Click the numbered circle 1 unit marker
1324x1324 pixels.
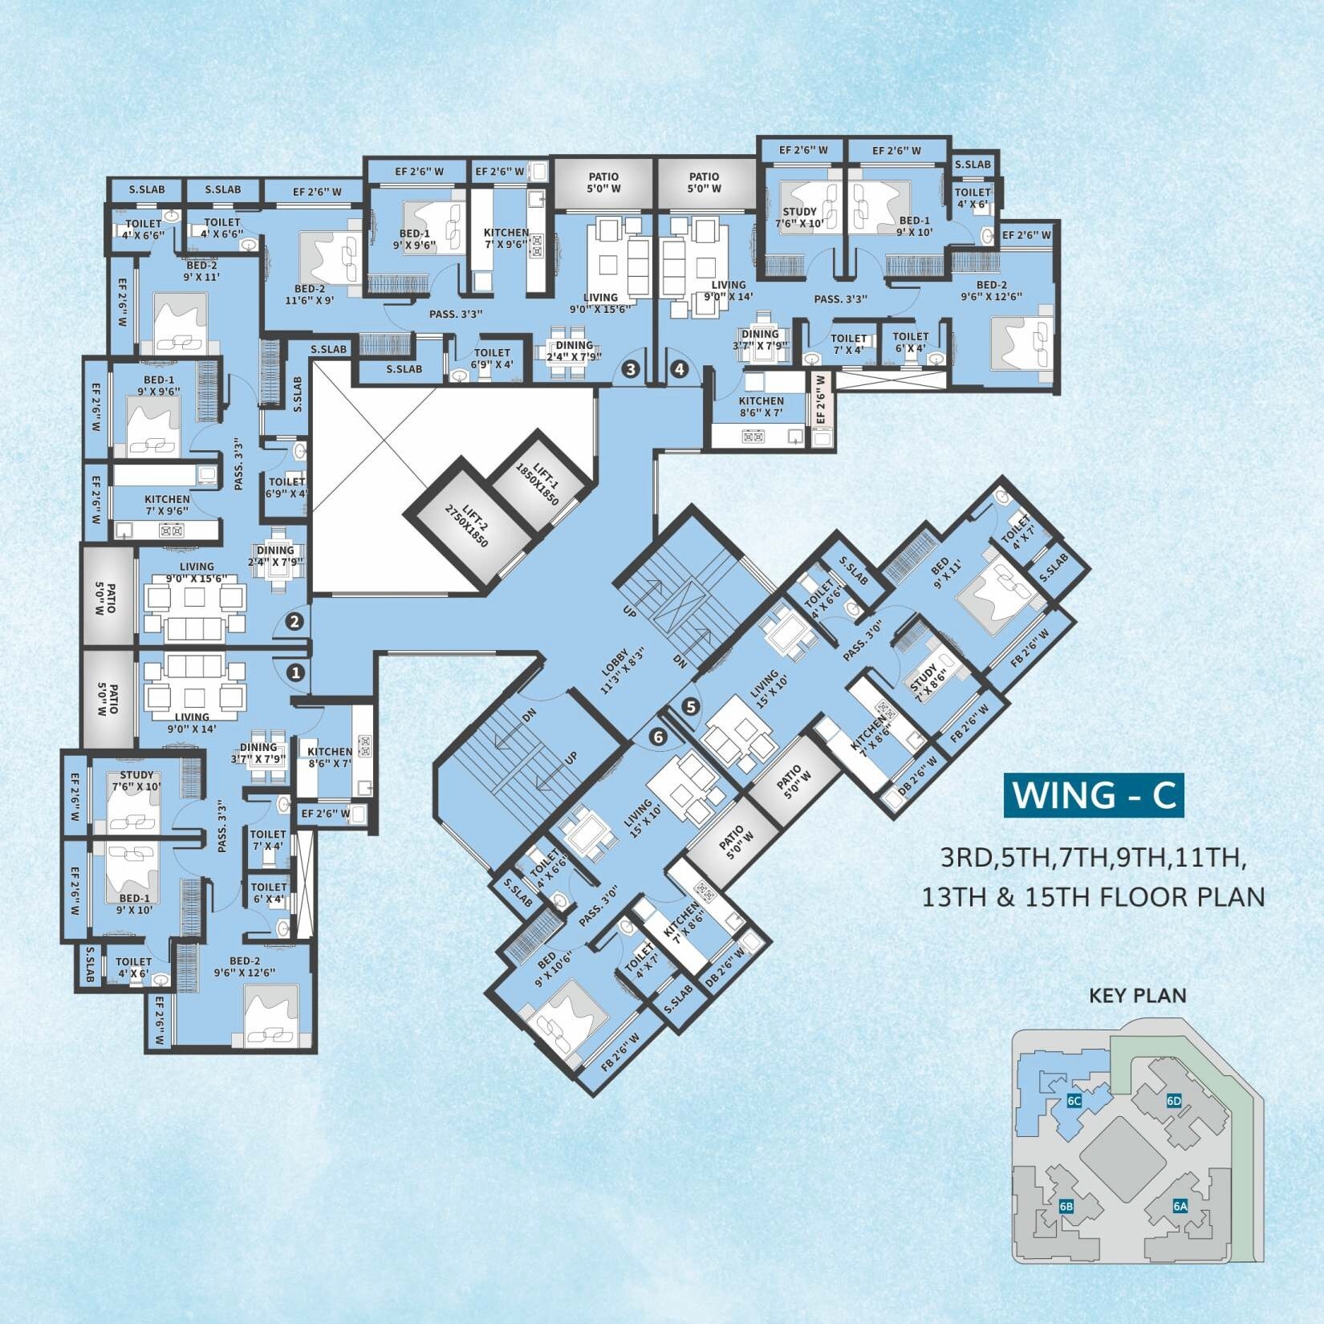(296, 672)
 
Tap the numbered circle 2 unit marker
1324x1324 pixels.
(294, 620)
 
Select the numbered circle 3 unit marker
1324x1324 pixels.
(631, 369)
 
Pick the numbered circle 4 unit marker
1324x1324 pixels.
(680, 369)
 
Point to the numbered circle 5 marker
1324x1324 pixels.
(691, 707)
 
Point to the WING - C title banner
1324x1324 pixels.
(1094, 794)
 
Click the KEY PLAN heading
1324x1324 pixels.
(1137, 996)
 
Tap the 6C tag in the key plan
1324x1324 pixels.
(1074, 1101)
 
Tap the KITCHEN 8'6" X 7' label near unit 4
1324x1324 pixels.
(762, 407)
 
